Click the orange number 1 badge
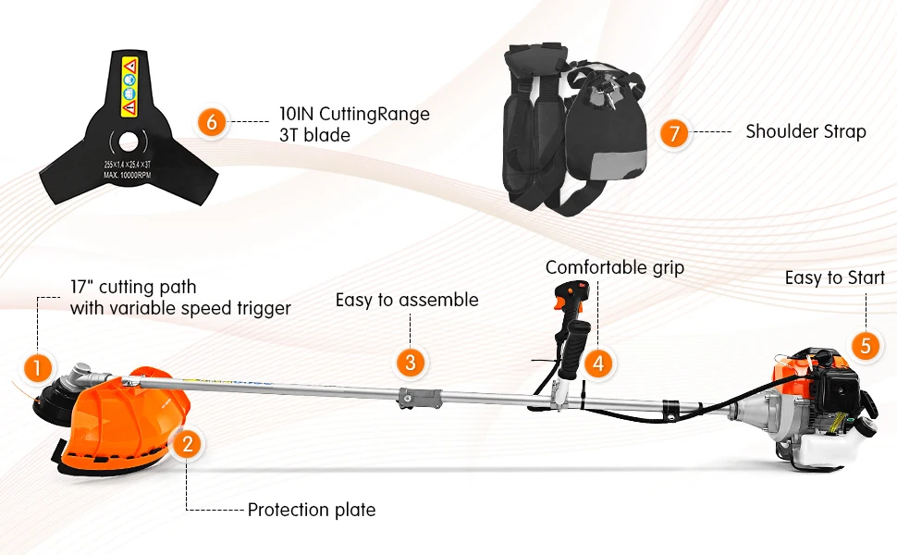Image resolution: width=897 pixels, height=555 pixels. coord(37,368)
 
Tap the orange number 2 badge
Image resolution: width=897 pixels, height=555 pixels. coord(188,444)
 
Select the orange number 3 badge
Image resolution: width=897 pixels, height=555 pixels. coord(412,362)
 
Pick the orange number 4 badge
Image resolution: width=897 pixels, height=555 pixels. coord(599,363)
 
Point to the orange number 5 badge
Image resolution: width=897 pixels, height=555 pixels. coord(866,345)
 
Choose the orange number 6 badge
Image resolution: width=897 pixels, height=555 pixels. coord(212,123)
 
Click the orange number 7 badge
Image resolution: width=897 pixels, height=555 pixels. coord(675,133)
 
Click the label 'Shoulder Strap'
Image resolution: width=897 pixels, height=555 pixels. coord(805,131)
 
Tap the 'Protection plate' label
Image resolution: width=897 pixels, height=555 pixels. coord(312,510)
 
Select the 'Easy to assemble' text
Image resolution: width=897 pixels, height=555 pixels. coord(407,300)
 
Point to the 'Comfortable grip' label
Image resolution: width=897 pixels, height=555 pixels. coord(615,267)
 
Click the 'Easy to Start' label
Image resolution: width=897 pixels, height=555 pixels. coord(834,277)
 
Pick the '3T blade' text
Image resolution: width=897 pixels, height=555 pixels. coord(314,136)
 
